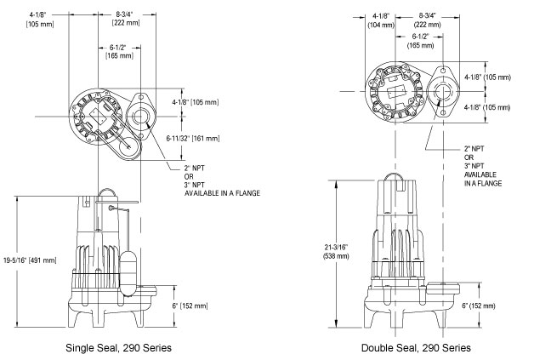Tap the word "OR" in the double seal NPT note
(x=469, y=157)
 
